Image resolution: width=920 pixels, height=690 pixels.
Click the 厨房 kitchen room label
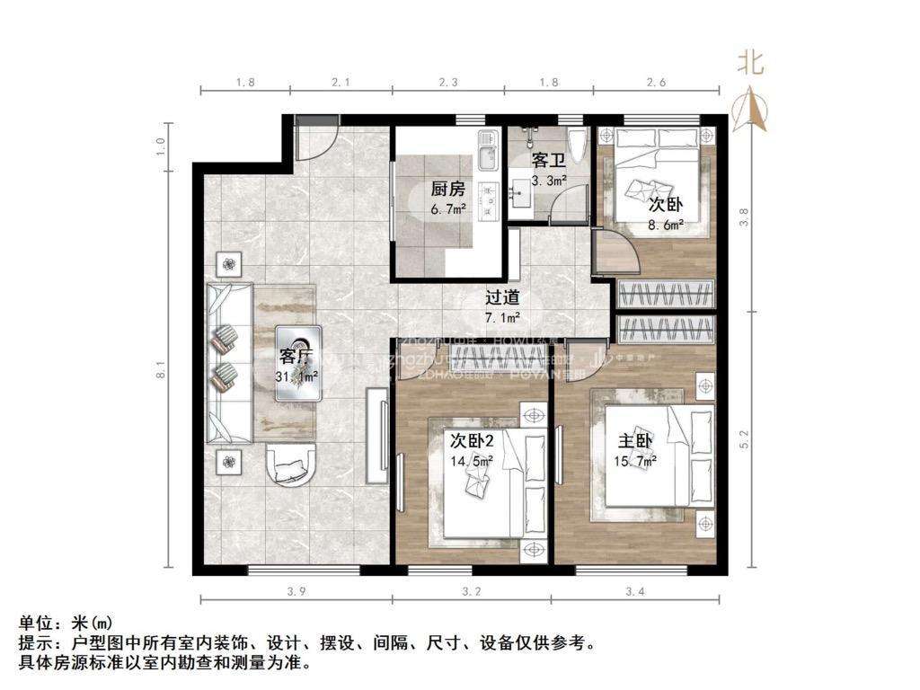coord(447,189)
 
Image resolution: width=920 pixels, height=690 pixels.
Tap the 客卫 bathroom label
coord(548,161)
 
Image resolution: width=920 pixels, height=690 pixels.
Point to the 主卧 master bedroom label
coord(634,442)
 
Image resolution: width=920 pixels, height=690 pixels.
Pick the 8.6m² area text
coord(666,225)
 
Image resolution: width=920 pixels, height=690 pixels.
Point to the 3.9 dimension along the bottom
coord(296,592)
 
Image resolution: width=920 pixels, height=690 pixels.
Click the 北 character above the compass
coord(751,62)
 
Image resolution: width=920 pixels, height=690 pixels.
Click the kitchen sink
coord(486,155)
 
